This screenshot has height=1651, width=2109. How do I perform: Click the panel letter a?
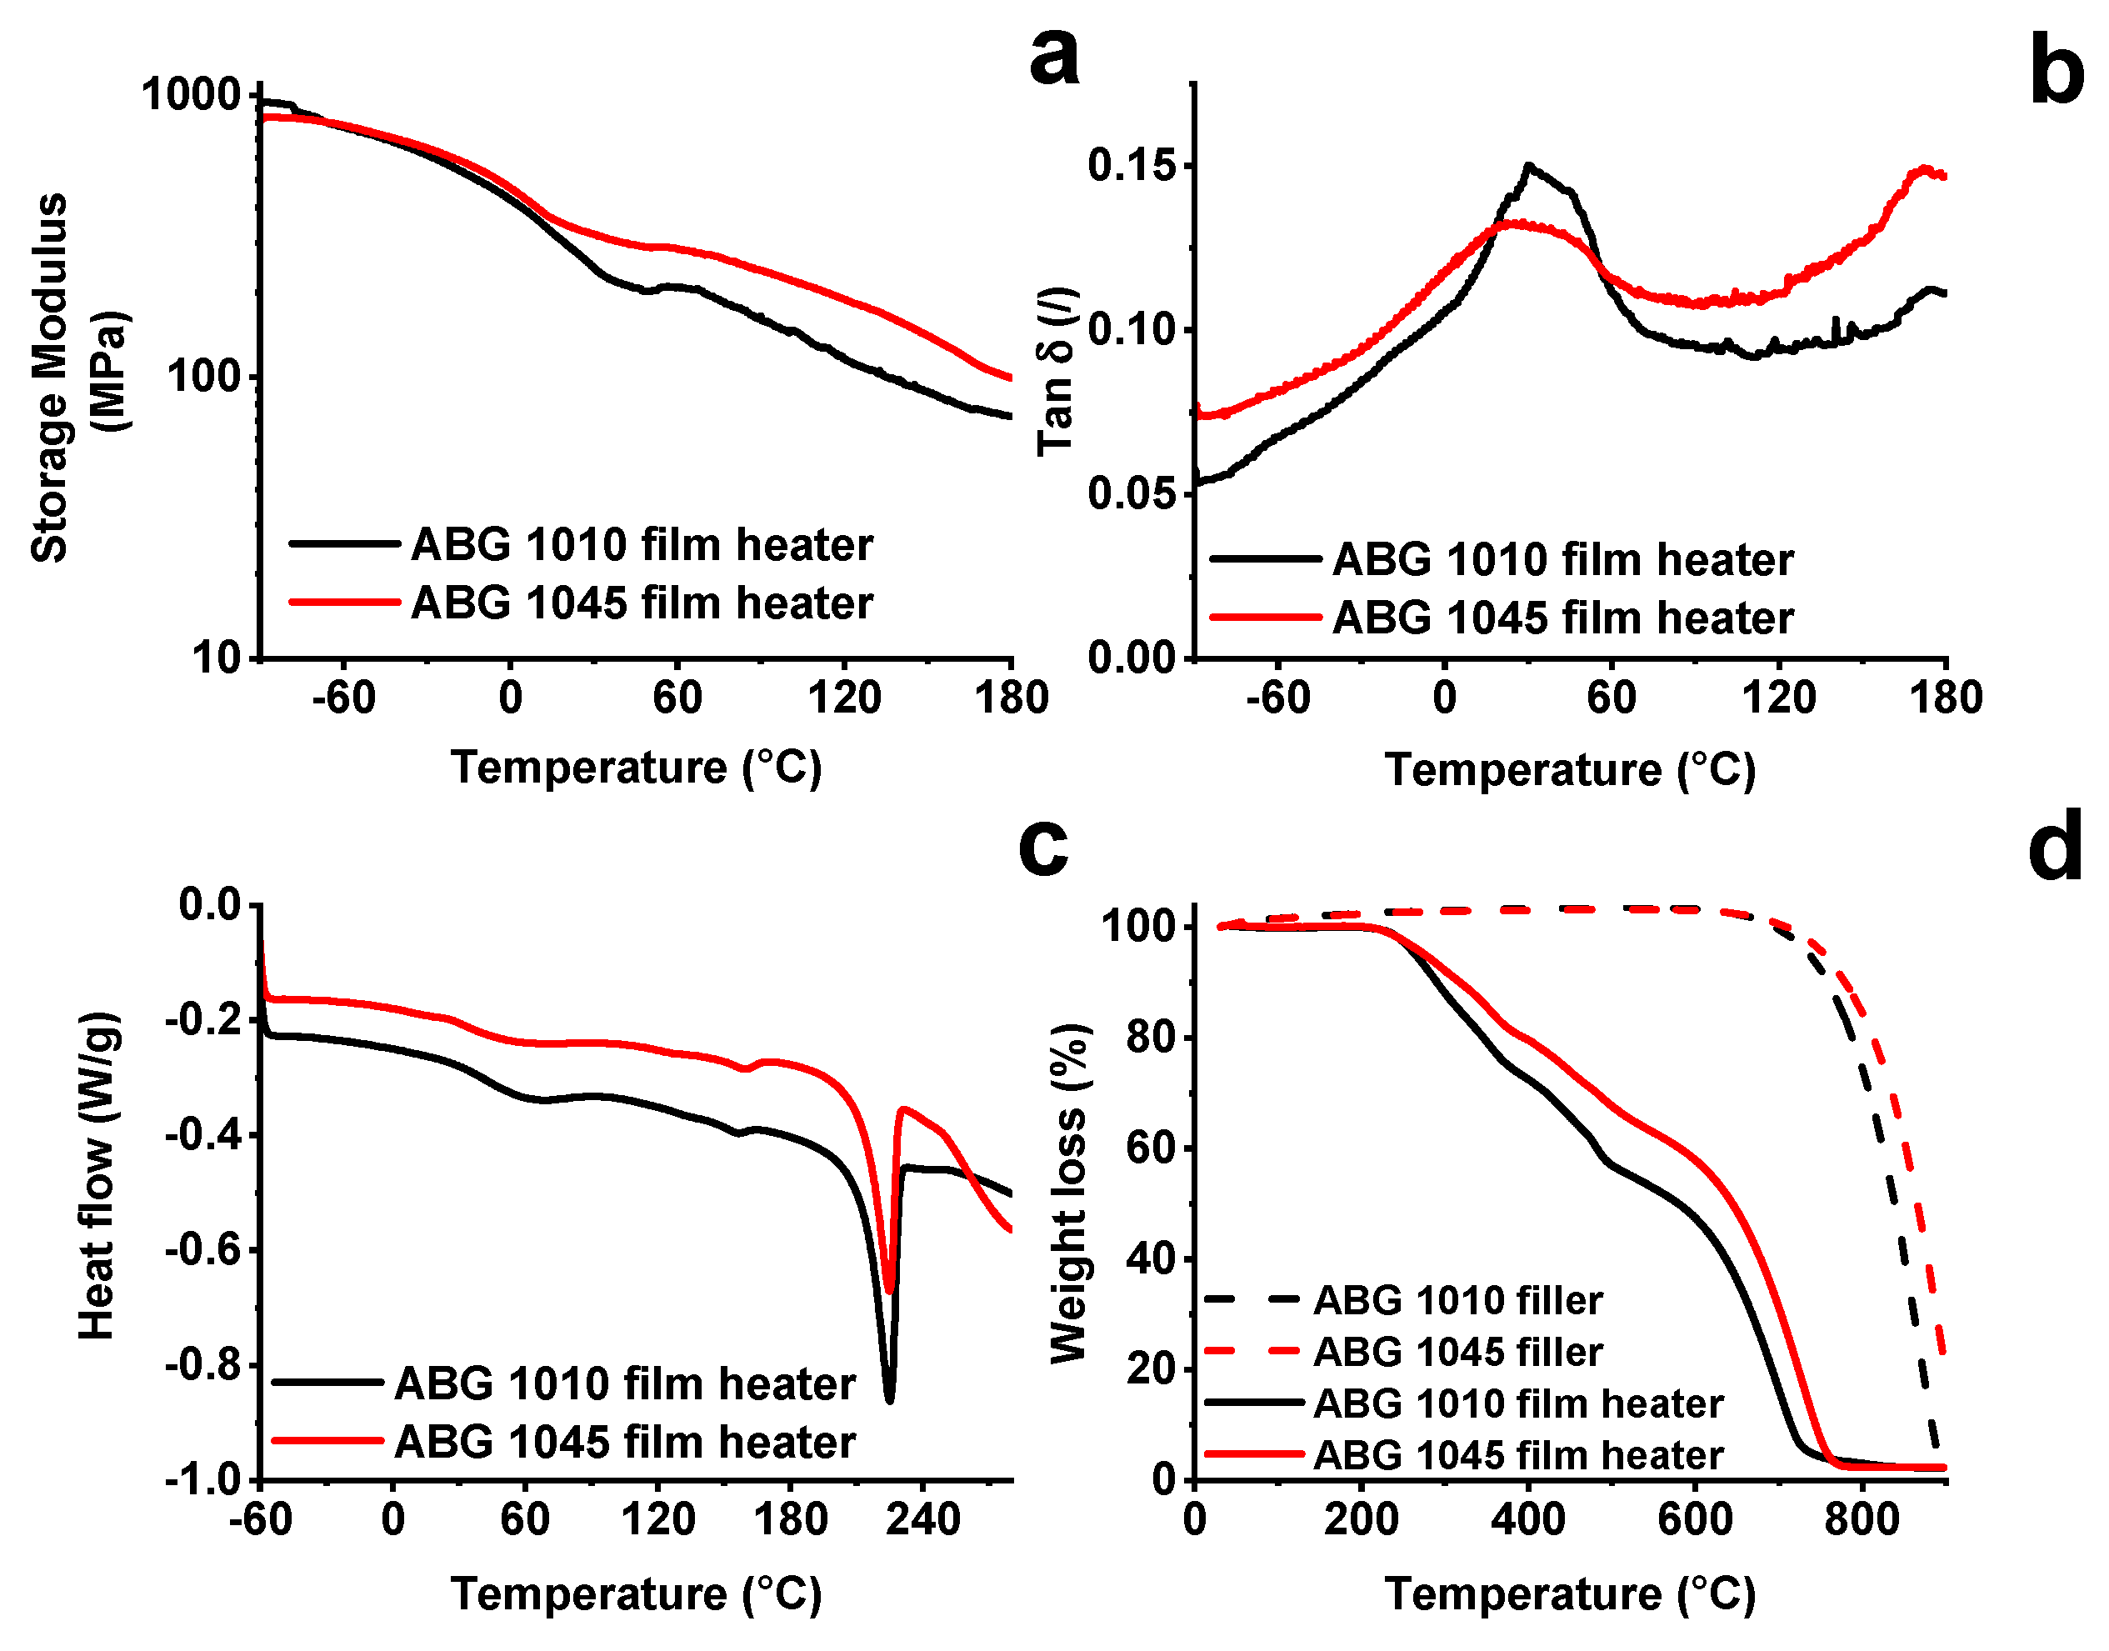[x=1053, y=56]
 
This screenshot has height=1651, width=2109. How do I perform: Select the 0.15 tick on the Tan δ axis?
[x=1132, y=165]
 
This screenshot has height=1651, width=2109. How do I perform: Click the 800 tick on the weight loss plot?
[x=1861, y=1519]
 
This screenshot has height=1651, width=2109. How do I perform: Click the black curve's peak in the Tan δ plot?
[x=1528, y=165]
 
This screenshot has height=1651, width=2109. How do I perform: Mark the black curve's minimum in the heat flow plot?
[x=889, y=1398]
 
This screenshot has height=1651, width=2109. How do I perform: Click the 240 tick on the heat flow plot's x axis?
[x=923, y=1519]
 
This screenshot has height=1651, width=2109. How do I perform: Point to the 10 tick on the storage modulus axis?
[x=216, y=658]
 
